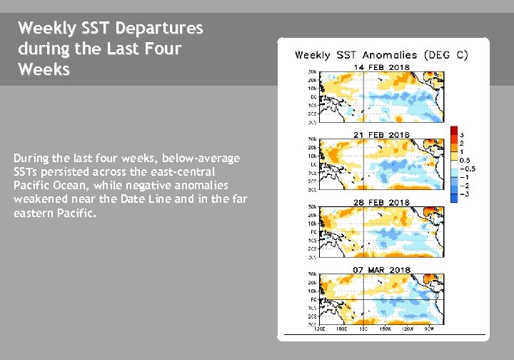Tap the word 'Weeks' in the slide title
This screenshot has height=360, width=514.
click(x=44, y=71)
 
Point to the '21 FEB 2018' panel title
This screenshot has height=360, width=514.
click(x=379, y=134)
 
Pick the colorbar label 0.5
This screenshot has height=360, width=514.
click(x=464, y=161)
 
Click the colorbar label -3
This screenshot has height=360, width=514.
click(x=463, y=194)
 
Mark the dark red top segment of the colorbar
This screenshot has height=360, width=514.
click(x=453, y=130)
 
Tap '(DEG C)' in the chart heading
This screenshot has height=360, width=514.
click(x=446, y=55)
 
